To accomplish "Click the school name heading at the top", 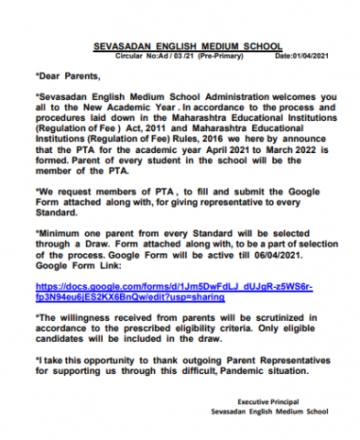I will [189, 46].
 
